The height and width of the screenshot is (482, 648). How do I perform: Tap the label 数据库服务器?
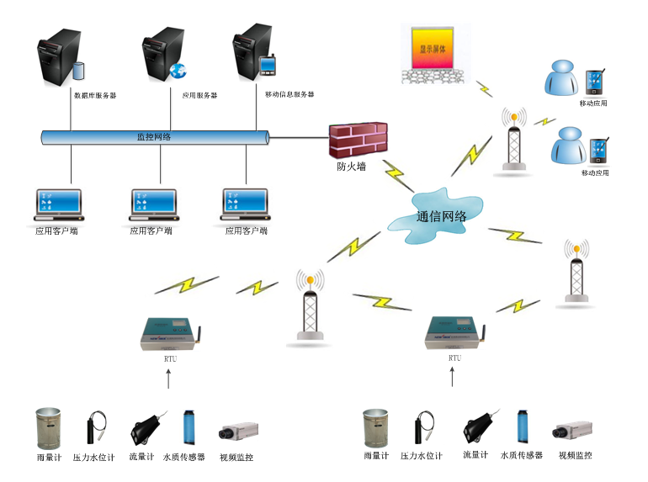pos(95,96)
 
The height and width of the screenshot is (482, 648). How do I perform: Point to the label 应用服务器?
pos(199,96)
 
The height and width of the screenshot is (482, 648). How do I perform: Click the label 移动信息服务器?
pos(289,95)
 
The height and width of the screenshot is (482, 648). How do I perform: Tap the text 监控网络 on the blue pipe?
pos(154,136)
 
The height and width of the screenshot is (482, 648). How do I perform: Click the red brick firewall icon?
pos(358,141)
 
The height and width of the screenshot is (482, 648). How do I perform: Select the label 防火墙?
pos(351,167)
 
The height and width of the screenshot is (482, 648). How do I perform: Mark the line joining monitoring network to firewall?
pos(299,136)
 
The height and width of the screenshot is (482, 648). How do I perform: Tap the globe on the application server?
pos(177,71)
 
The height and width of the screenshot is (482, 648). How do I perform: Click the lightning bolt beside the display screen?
pos(484,88)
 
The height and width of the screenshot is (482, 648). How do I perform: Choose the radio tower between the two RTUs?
pos(310,307)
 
